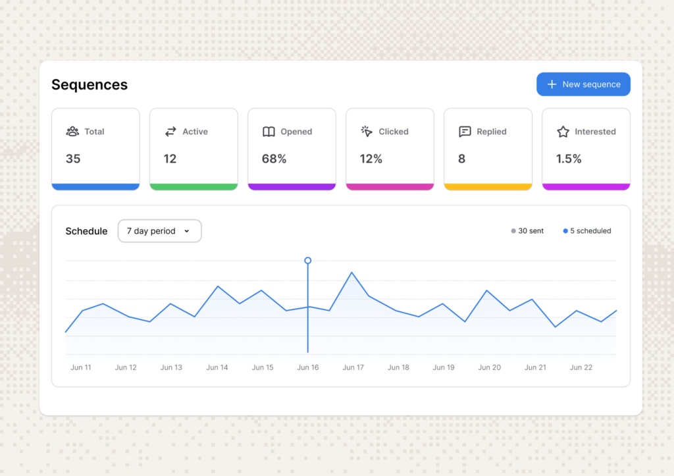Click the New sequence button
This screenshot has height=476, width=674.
[x=583, y=84]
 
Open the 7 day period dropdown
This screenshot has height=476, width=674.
[x=159, y=231]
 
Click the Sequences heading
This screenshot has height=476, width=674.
[x=90, y=85]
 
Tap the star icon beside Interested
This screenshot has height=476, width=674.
[x=563, y=132]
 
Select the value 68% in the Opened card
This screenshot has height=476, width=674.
[x=274, y=159]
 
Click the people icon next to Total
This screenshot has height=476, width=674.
[x=72, y=132]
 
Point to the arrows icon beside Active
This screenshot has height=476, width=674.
[x=170, y=132]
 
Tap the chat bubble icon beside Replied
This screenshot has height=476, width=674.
[x=465, y=132]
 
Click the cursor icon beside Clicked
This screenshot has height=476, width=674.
[x=367, y=131]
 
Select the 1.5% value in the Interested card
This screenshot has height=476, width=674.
[x=569, y=159]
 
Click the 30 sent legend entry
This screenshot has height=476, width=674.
[x=527, y=231]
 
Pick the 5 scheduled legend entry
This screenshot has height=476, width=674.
[x=587, y=231]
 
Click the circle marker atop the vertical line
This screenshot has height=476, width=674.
[x=308, y=260]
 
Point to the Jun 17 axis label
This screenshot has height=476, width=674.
[x=353, y=367]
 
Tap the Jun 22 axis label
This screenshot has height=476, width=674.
[x=581, y=367]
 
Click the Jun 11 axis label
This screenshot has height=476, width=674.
[x=81, y=367]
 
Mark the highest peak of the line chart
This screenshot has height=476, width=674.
[x=351, y=272]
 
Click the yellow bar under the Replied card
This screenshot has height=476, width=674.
[x=488, y=186]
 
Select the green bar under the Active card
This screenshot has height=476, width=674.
[x=194, y=186]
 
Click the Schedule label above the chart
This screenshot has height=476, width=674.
[x=86, y=231]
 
